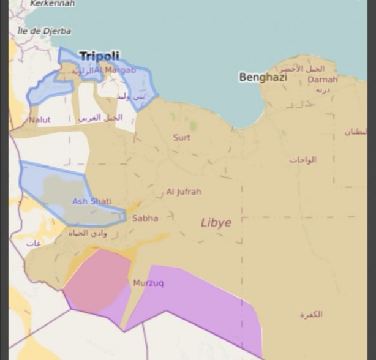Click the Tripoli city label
[x=99, y=56]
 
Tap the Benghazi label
[x=263, y=77]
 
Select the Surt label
[x=181, y=137]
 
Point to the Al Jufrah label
[x=184, y=192]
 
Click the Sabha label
[x=145, y=218]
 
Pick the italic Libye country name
[x=216, y=223]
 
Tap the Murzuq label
[x=148, y=283]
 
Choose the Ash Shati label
[x=92, y=201]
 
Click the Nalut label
[x=40, y=120]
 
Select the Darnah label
[x=323, y=80]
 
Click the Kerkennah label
[x=52, y=3]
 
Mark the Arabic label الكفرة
[x=311, y=315]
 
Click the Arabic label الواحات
[x=303, y=160]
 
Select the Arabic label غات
[x=34, y=244]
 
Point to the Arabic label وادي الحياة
[x=88, y=233]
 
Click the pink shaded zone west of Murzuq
[x=98, y=279]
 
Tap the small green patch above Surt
[x=194, y=126]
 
